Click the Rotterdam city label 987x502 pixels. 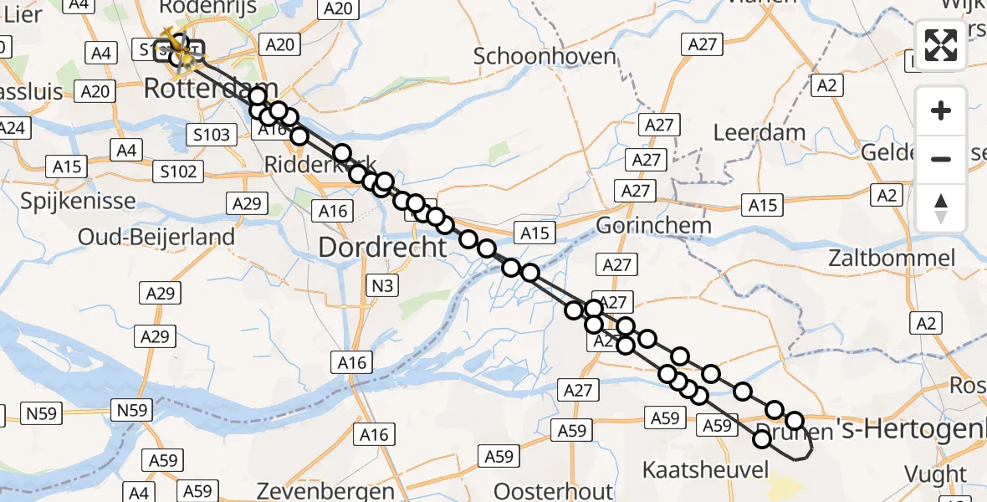coord(211,88)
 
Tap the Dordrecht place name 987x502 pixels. coord(383,247)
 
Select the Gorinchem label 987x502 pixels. coord(653,225)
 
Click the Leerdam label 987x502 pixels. coord(759,132)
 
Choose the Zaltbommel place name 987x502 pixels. coord(890,258)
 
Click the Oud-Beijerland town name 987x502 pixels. coord(156,237)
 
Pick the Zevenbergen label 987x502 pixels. coord(326,490)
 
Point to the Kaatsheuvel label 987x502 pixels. coord(704,469)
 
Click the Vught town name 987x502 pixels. coord(946,474)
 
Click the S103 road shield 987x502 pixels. coord(211,134)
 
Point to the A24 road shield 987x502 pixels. coord(13,128)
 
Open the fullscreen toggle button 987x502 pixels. coord(941,45)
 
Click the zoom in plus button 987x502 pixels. coord(941,110)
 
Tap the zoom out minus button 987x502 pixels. coord(941,159)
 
